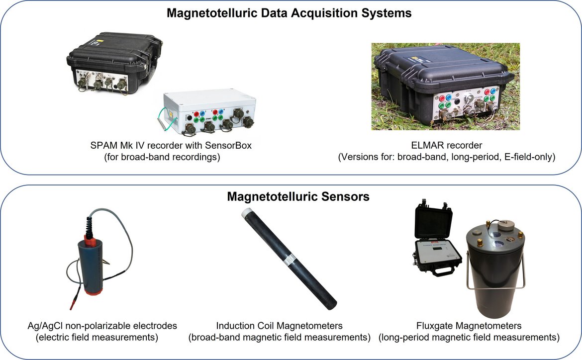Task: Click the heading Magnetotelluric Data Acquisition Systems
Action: coord(289,13)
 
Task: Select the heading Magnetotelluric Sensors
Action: coord(298,197)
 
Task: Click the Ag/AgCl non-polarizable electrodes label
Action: coord(102,326)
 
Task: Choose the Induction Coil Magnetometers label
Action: coord(279,326)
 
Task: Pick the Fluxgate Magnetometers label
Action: coord(469,326)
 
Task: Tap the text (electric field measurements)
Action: coord(97,337)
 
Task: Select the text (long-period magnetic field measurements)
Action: coord(469,337)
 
